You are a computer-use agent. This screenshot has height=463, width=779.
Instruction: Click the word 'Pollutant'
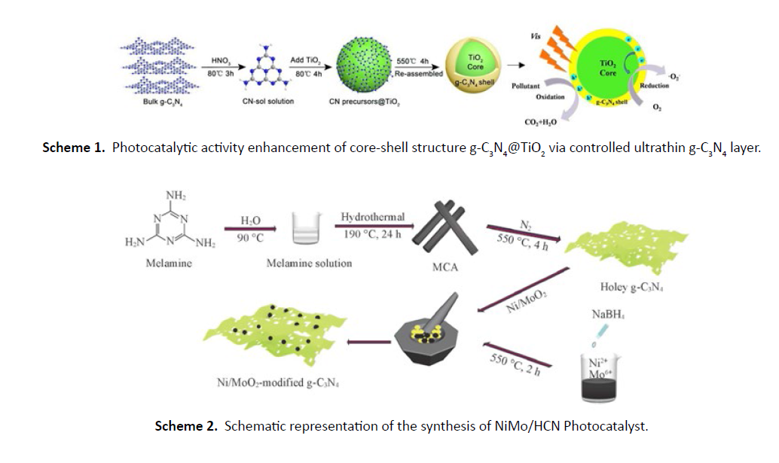click(x=525, y=86)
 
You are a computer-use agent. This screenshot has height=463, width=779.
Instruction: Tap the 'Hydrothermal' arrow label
click(x=372, y=217)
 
